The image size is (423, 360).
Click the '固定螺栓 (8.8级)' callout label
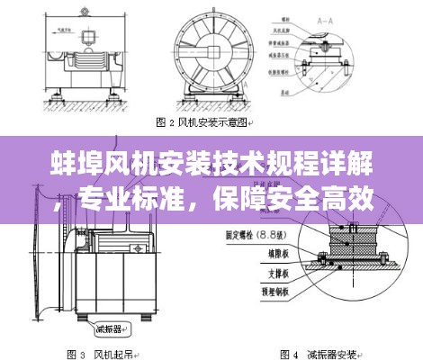pos(254,233)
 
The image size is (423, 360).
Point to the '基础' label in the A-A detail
pos(285,91)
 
